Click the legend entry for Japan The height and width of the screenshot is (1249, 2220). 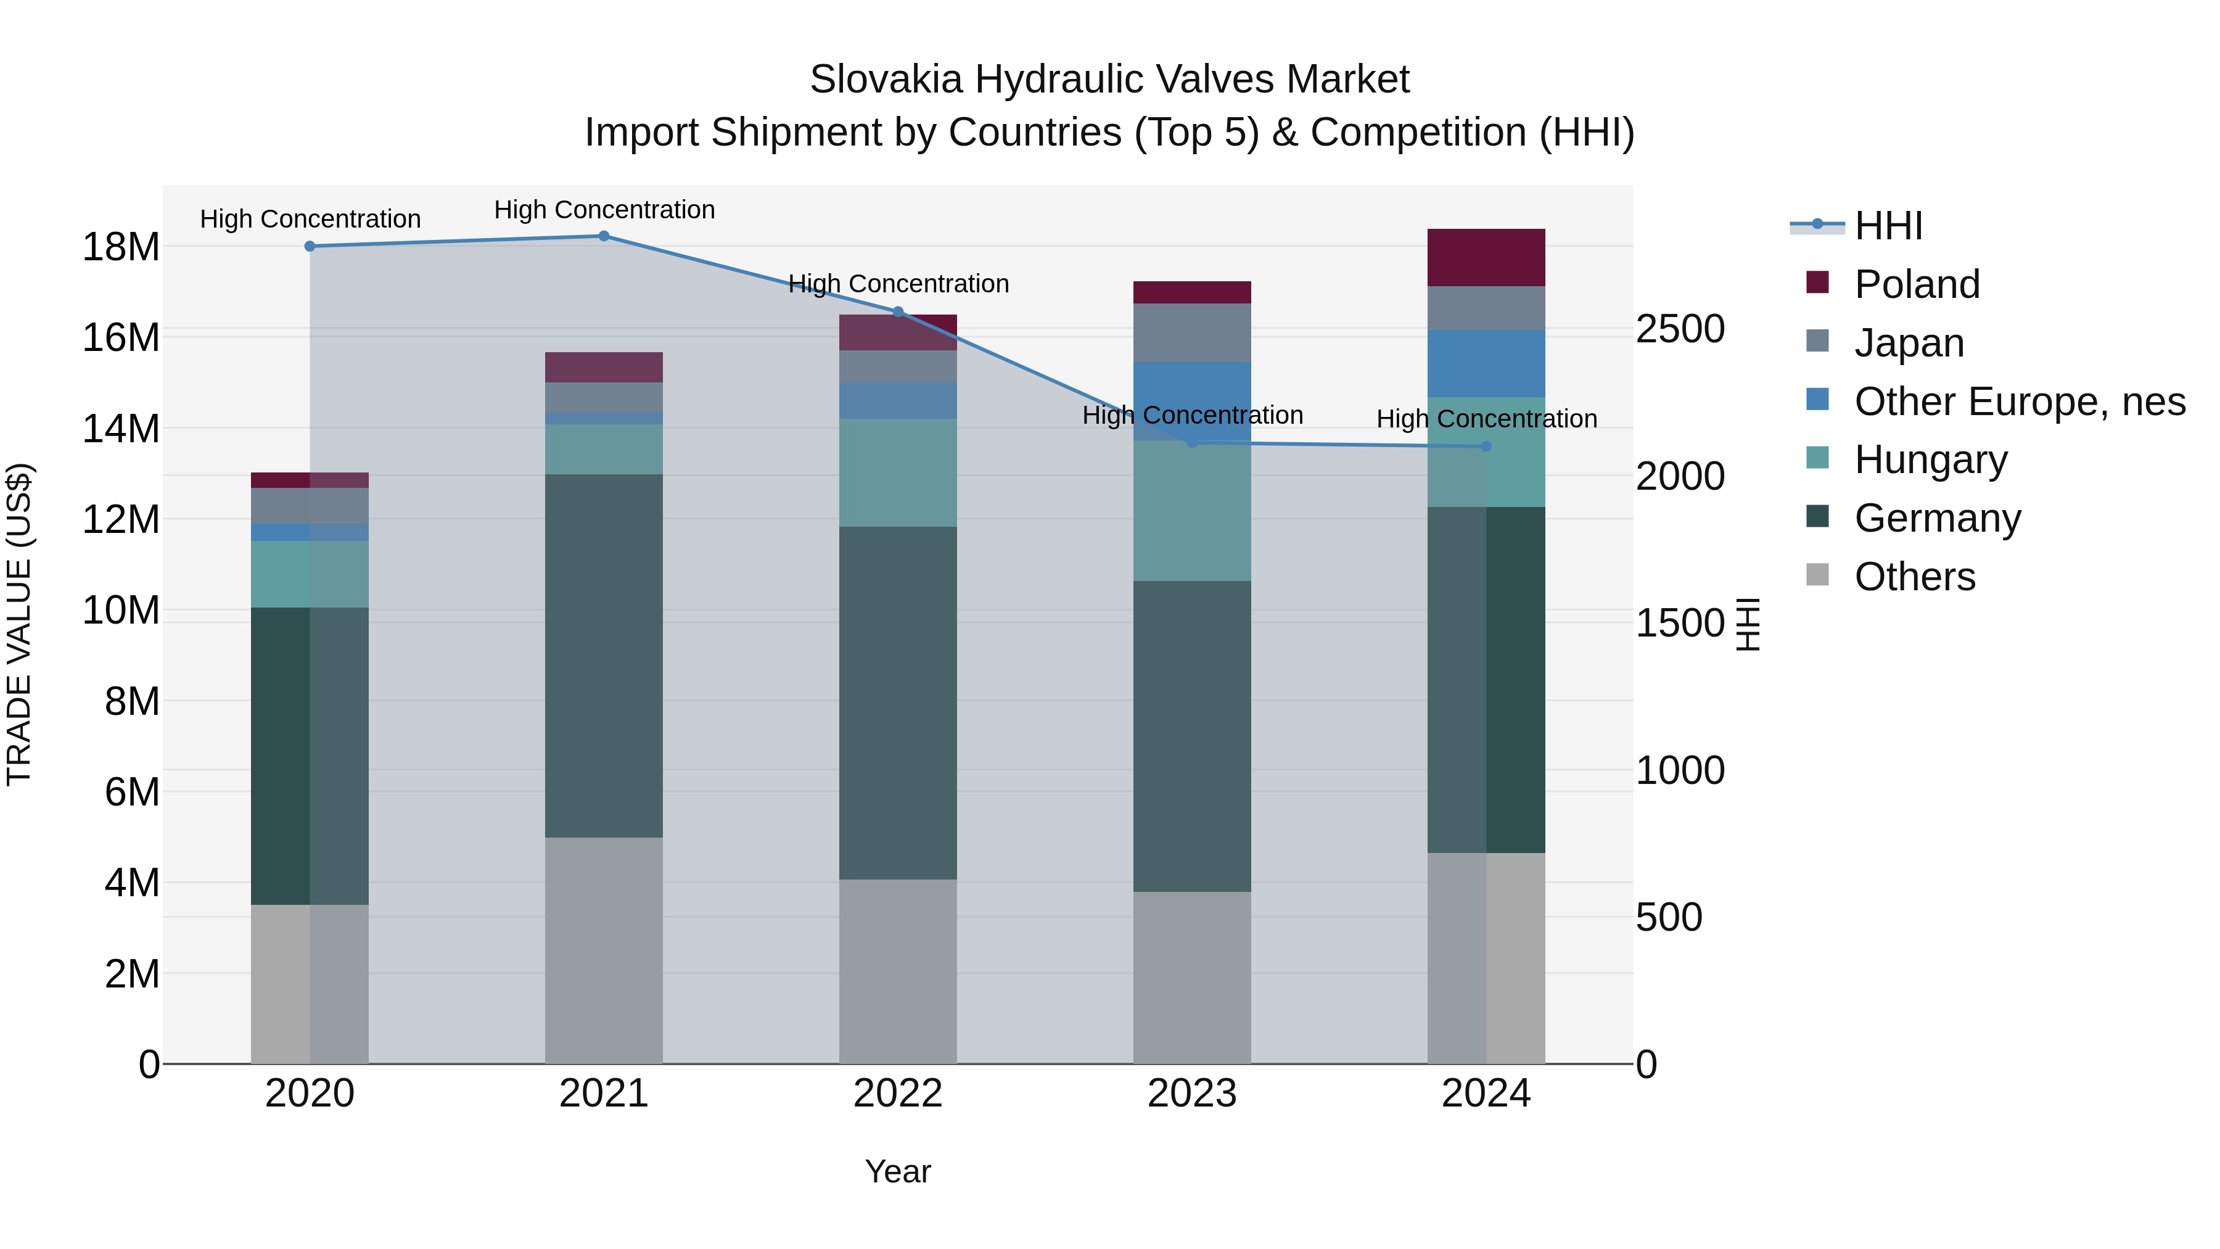1909,343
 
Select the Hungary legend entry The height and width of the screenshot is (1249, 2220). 1930,460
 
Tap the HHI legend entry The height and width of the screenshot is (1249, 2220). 1888,226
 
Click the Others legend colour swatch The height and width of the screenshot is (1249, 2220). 1817,575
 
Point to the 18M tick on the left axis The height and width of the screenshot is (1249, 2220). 121,247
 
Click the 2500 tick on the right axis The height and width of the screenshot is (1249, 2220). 1680,329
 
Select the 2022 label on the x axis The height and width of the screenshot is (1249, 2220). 898,1094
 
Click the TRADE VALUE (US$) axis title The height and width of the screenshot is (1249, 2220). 19,624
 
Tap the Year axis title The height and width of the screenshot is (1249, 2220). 898,1171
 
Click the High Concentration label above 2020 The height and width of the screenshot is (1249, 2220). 310,219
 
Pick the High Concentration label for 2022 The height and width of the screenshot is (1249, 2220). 898,284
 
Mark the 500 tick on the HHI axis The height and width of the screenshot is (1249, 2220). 1669,917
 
